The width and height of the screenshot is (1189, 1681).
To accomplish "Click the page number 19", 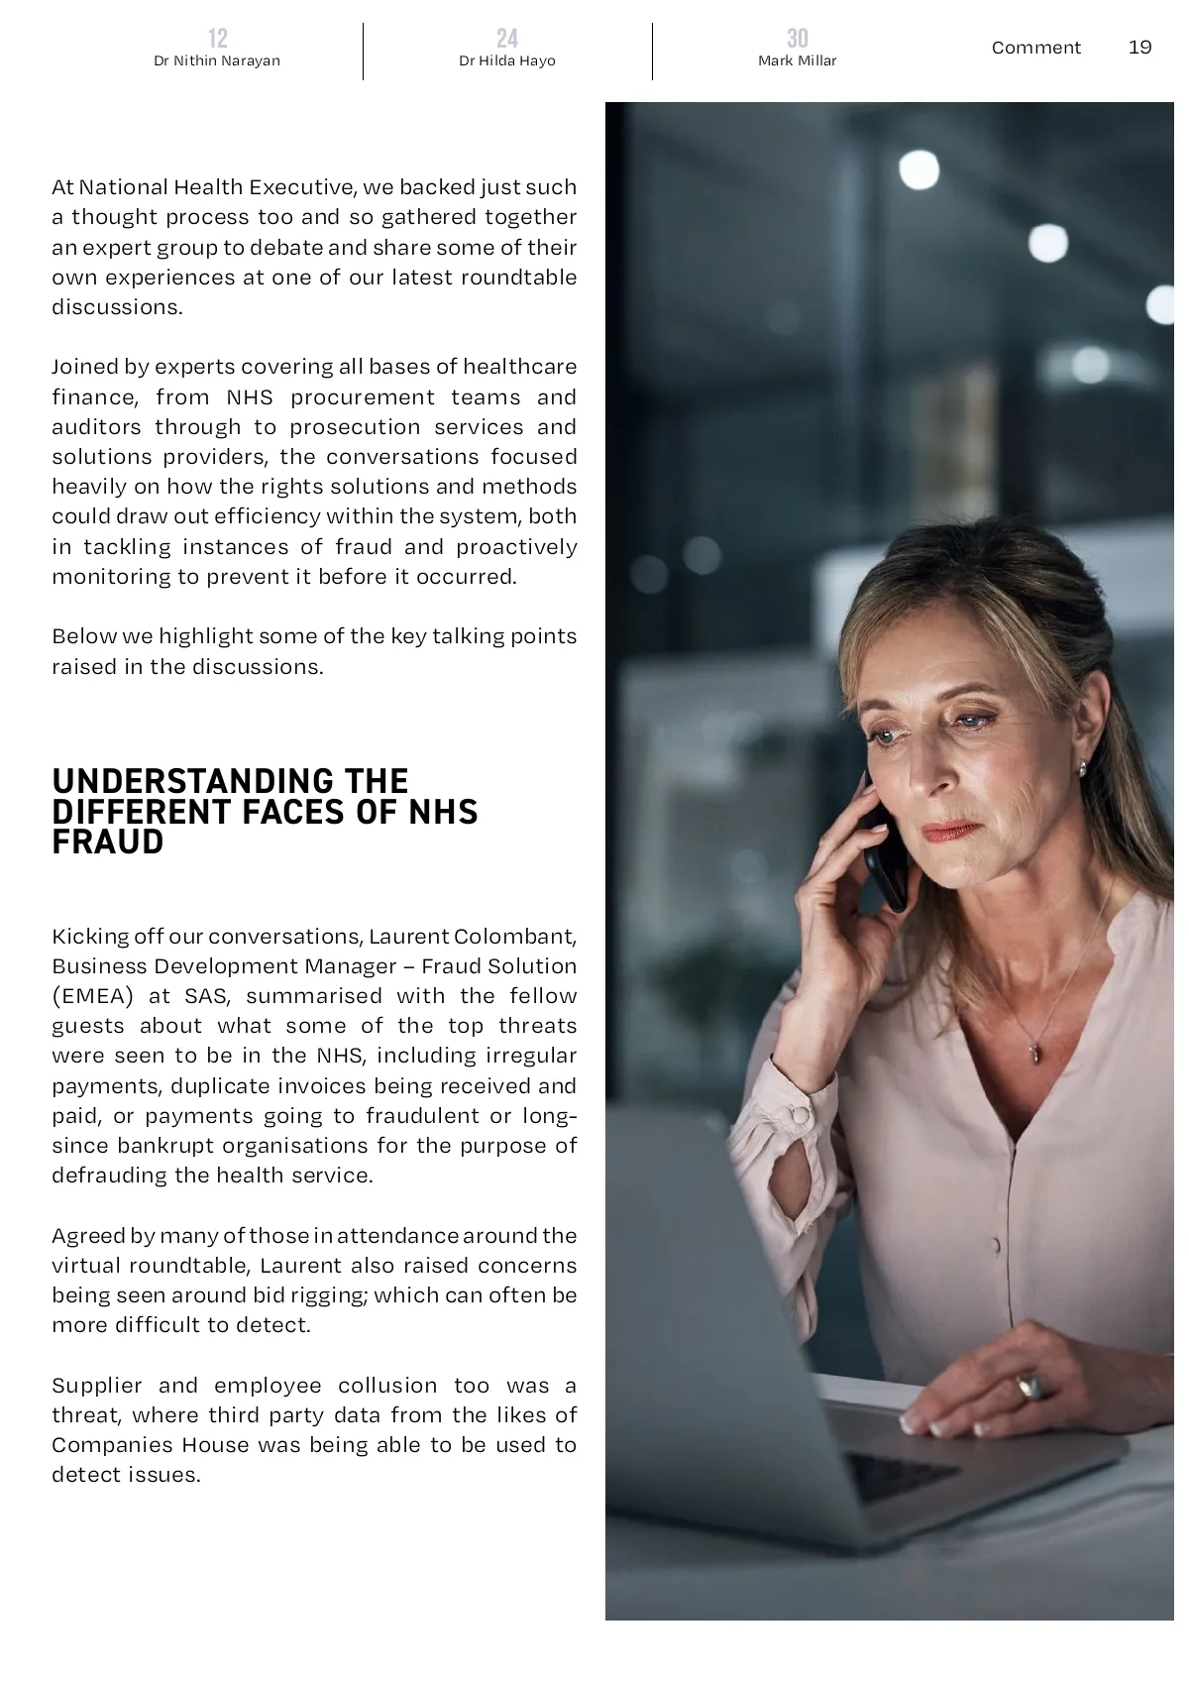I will pyautogui.click(x=1139, y=48).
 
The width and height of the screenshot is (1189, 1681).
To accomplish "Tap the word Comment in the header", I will pyautogui.click(x=1035, y=48).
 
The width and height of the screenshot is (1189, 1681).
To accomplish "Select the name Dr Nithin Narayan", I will pyautogui.click(x=217, y=61).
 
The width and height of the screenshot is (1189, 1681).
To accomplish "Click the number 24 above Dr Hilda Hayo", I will pyautogui.click(x=507, y=39).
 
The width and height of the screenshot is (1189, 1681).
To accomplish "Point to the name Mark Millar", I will pyautogui.click(x=797, y=61).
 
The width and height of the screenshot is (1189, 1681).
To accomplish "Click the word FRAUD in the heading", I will pyautogui.click(x=108, y=842).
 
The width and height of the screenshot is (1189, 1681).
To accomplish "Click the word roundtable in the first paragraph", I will pyautogui.click(x=522, y=278).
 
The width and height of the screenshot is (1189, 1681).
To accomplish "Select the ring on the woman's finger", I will pyautogui.click(x=1029, y=1385).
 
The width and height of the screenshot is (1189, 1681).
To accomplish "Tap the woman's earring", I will pyautogui.click(x=1081, y=768).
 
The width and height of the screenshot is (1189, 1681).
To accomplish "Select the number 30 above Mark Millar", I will pyautogui.click(x=797, y=39).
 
